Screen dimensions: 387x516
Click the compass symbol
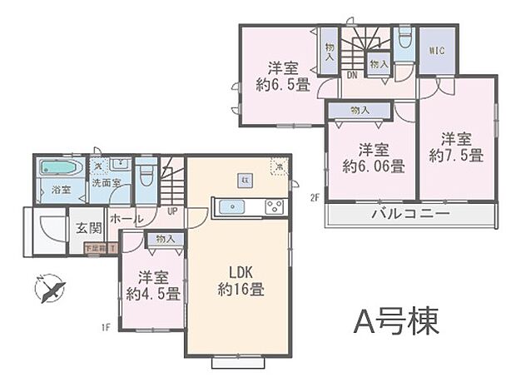pos(51,290)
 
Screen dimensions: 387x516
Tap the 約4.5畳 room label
pos(152,285)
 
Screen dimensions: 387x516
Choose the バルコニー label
pos(410,214)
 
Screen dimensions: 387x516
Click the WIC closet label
pos(436,51)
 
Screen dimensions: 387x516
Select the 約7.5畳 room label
pos(456,146)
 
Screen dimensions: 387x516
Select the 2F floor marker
pos(315,198)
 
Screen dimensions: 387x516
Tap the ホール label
pos(126,218)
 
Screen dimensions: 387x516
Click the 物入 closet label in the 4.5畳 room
pos(165,239)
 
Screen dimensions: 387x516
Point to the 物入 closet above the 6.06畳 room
pos(360,110)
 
